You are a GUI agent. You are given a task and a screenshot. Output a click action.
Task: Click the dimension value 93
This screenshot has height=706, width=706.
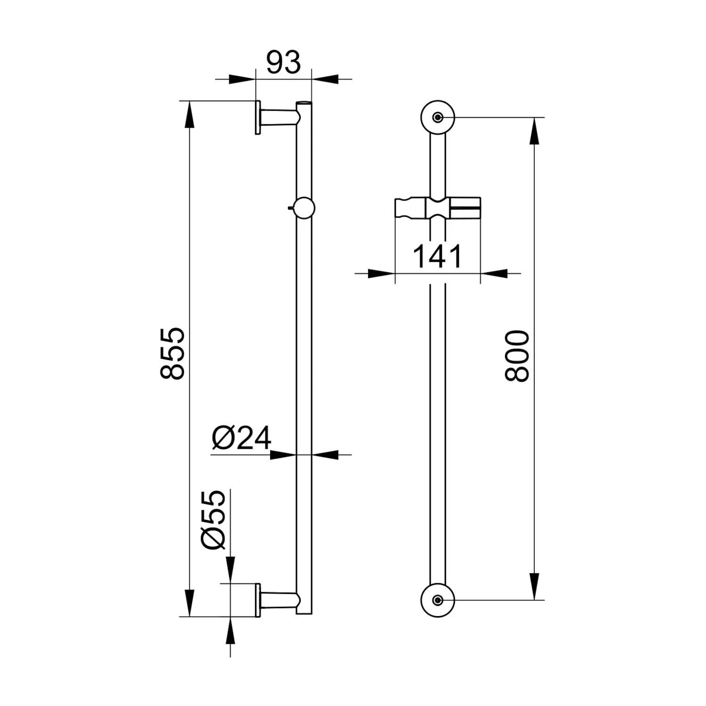[x=283, y=63]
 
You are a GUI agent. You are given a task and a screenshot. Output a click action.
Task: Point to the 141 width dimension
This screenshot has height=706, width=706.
[x=438, y=257]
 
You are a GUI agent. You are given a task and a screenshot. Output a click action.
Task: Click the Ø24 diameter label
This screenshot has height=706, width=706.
[x=241, y=438]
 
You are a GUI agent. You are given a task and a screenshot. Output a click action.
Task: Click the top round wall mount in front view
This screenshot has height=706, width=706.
[x=438, y=117]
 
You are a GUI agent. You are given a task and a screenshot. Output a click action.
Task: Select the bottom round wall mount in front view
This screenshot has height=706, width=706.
[x=438, y=600]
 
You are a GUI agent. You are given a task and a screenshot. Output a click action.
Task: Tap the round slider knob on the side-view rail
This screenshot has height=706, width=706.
[x=304, y=208]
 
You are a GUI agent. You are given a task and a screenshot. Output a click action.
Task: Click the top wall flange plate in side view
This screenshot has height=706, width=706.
[x=258, y=117]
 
